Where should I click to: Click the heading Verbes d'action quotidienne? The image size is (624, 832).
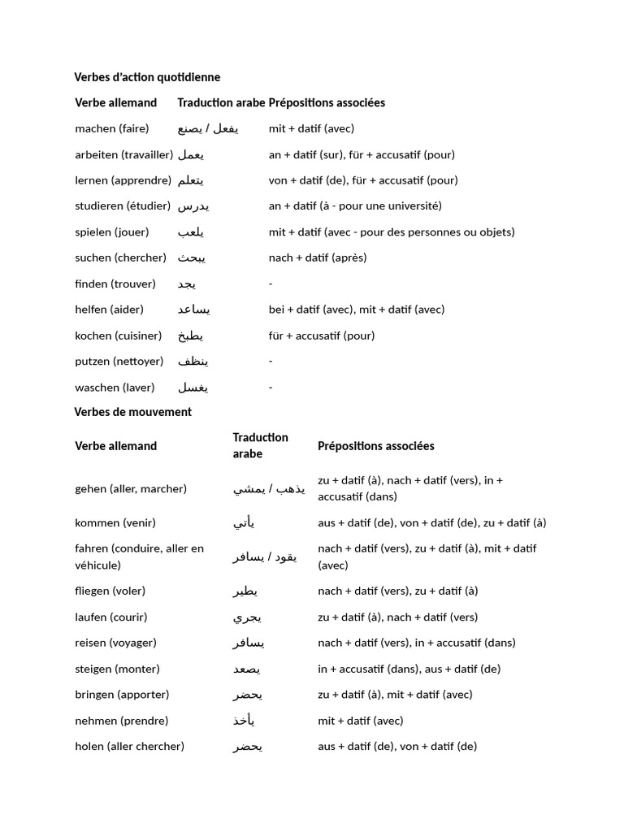pyautogui.click(x=147, y=77)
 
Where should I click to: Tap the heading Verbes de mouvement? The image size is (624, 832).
pyautogui.click(x=133, y=412)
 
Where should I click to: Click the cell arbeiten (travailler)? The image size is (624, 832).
pyautogui.click(x=123, y=154)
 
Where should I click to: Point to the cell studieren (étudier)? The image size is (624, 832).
pyautogui.click(x=123, y=206)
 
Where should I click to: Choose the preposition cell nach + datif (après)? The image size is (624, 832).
pyautogui.click(x=318, y=258)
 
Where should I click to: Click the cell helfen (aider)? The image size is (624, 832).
pyautogui.click(x=109, y=310)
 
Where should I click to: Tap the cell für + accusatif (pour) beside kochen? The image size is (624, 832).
pyautogui.click(x=322, y=336)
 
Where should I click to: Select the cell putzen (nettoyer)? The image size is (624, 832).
pyautogui.click(x=119, y=362)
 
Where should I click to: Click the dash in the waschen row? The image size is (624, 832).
pyautogui.click(x=271, y=388)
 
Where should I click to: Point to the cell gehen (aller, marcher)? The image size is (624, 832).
pyautogui.click(x=131, y=488)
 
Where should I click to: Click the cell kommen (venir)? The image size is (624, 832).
pyautogui.click(x=115, y=522)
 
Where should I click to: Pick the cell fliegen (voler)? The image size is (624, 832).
pyautogui.click(x=110, y=591)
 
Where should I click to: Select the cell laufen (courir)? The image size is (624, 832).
pyautogui.click(x=111, y=617)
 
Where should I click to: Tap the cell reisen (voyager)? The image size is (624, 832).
pyautogui.click(x=115, y=643)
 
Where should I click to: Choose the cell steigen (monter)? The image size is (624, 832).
pyautogui.click(x=117, y=669)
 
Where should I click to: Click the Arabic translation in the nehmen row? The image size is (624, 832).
pyautogui.click(x=245, y=721)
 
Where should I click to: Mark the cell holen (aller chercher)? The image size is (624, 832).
pyautogui.click(x=129, y=746)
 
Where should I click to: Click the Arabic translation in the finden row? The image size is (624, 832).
pyautogui.click(x=187, y=284)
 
